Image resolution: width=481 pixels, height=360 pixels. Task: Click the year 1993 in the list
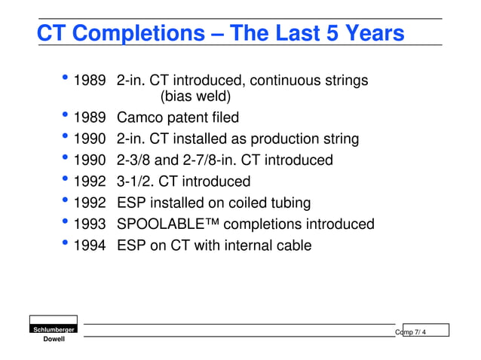click(x=89, y=224)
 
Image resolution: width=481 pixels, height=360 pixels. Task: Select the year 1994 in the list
click(x=89, y=246)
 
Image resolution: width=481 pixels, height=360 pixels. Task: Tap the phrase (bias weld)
click(x=195, y=96)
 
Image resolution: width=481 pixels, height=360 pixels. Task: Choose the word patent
click(x=190, y=117)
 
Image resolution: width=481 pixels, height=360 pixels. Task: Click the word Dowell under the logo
click(x=53, y=340)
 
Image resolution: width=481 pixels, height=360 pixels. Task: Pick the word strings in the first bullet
click(x=342, y=80)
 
